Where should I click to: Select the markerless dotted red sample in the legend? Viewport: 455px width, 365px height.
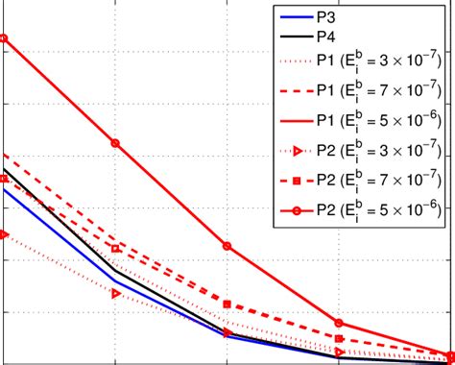[x=292, y=62]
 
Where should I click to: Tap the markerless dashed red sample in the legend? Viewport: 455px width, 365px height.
[x=292, y=91]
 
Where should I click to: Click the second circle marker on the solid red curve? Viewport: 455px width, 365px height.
[x=116, y=143]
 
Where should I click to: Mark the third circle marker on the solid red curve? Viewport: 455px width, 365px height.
[x=227, y=246]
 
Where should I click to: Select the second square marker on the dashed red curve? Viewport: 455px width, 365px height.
[x=116, y=249]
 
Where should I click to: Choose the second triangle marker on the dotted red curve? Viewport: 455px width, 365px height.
[x=116, y=293]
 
